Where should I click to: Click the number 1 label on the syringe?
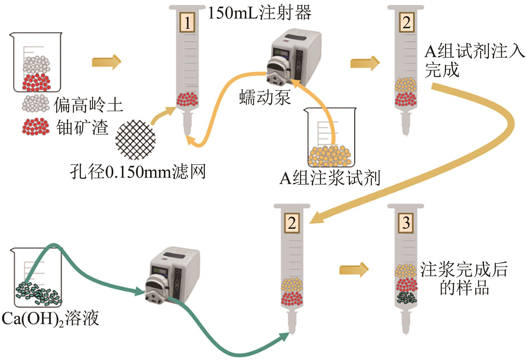tap(187, 23)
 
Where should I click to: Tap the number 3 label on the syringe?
tap(406, 223)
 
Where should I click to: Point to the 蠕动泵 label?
tap(265, 97)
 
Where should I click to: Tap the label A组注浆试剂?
tap(330, 178)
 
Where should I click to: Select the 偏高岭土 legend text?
tap(88, 105)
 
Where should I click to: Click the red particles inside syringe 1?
tap(187, 99)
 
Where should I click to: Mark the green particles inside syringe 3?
tap(406, 297)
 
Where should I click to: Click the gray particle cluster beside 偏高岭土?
tap(36, 104)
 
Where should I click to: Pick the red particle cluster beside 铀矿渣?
tap(36, 126)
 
